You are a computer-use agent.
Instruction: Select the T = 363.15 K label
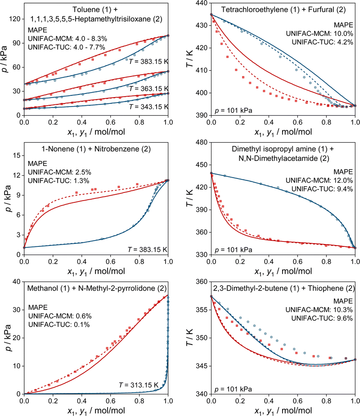148,88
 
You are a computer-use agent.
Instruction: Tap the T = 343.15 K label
148,107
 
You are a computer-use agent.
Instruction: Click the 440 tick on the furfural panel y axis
202,3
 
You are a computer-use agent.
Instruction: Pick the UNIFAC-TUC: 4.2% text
322,42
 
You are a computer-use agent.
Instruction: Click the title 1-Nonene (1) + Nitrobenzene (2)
96,148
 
